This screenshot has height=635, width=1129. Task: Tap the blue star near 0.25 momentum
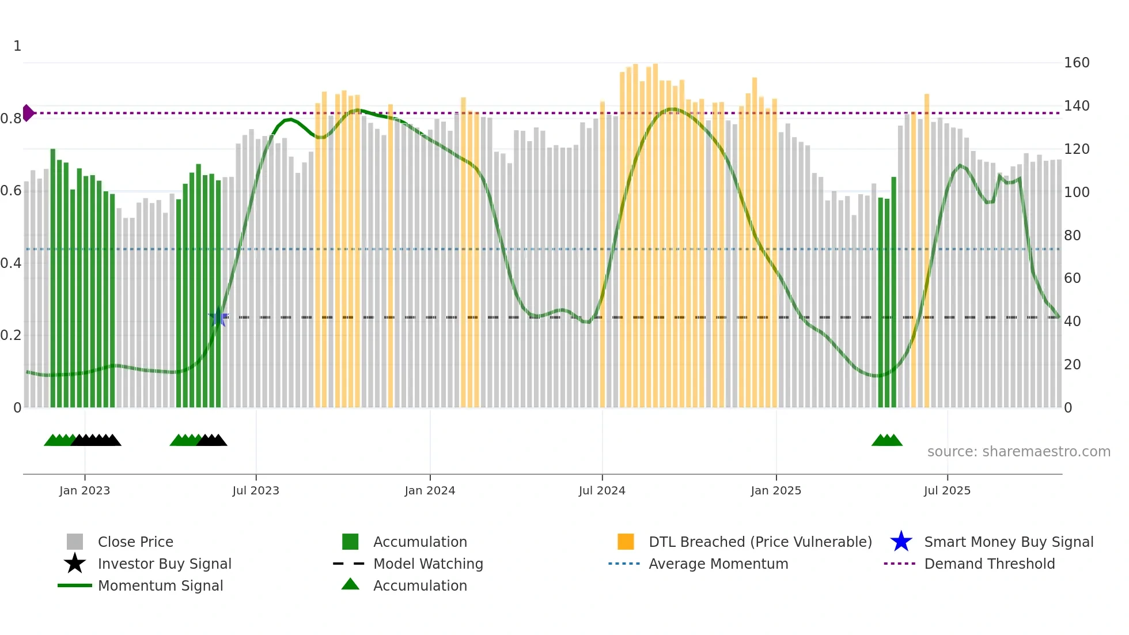tap(218, 317)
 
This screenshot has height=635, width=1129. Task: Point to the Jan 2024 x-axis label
tap(430, 490)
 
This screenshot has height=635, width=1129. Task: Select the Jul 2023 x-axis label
tap(256, 490)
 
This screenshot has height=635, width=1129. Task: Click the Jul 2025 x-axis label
tap(947, 490)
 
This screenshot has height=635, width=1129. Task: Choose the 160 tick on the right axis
tap(1076, 62)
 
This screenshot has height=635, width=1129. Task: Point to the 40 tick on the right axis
tap(1072, 321)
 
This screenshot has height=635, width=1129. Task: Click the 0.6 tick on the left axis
tap(11, 191)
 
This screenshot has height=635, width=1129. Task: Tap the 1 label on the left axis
tap(17, 46)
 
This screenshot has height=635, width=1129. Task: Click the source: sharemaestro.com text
tap(1018, 451)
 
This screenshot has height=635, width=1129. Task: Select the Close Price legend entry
tap(135, 542)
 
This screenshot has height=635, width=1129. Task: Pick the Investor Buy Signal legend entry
tap(164, 564)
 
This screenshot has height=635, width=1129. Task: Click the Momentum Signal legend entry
tap(160, 585)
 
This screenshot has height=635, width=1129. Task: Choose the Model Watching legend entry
tap(428, 564)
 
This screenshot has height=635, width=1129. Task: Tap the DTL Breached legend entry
tap(760, 542)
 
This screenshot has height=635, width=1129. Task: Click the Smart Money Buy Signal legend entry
tap(1008, 542)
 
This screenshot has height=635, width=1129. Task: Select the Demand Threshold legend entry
tap(989, 564)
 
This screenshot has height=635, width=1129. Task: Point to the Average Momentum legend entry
tap(718, 564)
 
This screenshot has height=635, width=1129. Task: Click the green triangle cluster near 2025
tap(887, 440)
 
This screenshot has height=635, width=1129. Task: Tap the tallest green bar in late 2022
tap(53, 277)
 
